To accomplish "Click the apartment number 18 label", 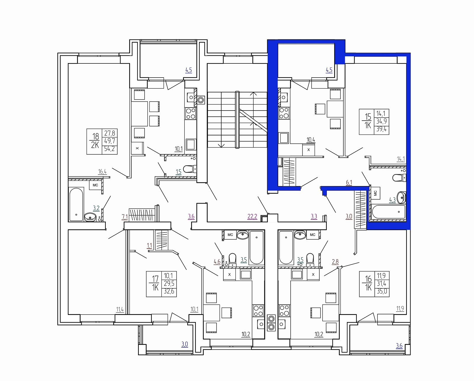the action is click(96, 136).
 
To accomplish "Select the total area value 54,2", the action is click(110, 149).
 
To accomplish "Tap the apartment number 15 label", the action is click(368, 116).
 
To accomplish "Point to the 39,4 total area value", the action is click(382, 129).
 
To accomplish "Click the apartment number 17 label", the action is click(155, 279).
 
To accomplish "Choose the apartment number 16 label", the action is click(369, 279).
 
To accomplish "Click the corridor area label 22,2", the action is click(252, 217).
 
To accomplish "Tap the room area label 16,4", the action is click(103, 172).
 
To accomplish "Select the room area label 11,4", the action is click(120, 310).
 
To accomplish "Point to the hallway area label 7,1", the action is click(125, 217).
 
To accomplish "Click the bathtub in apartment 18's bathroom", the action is click(76, 204).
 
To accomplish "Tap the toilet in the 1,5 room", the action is click(189, 169).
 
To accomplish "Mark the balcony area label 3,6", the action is click(399, 345).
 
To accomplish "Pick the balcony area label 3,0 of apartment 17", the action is click(185, 344).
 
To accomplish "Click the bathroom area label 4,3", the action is click(392, 200).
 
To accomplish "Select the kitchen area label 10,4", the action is click(311, 140).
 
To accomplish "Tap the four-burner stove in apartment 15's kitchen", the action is click(284, 113).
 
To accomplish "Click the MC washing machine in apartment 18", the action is click(95, 185).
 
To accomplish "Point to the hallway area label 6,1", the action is click(349, 183).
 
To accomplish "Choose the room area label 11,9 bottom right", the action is click(400, 308).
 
